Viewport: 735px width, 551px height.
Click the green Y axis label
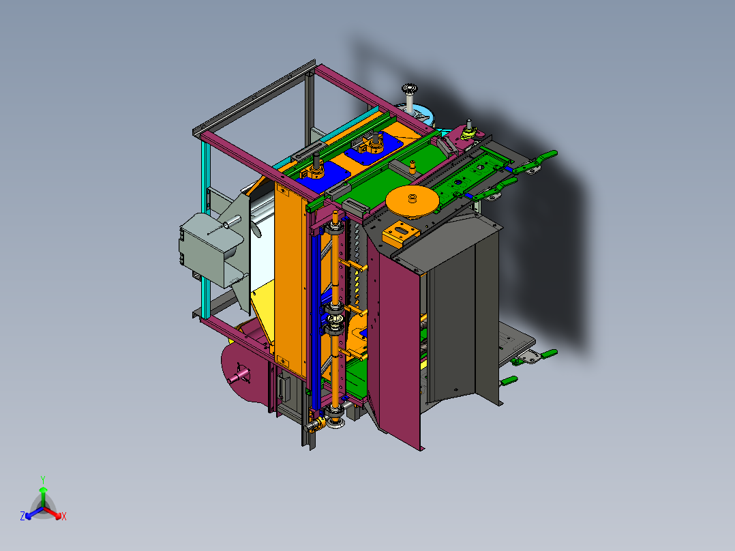point(43,479)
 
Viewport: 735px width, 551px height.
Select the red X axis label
point(64,516)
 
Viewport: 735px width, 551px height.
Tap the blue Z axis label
point(22,516)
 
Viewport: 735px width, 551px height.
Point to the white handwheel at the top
point(410,88)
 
